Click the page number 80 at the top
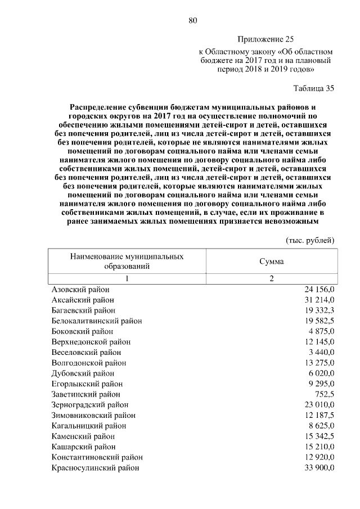(193, 21)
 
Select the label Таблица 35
(314, 88)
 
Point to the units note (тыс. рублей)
(310, 240)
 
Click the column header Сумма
(271, 262)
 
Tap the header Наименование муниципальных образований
(127, 262)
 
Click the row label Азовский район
(80, 289)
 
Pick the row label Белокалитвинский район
(96, 321)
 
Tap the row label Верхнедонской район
(91, 341)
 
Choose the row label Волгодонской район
(89, 362)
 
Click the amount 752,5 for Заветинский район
(325, 394)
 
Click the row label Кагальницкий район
(88, 426)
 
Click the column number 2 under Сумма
(271, 278)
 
